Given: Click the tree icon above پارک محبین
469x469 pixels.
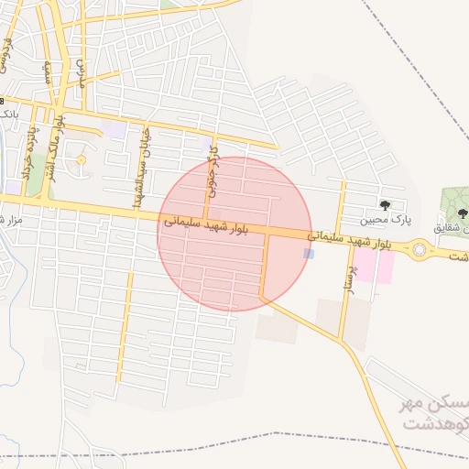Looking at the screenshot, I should tap(385, 204).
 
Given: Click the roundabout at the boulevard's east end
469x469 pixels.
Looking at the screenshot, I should tap(420, 248).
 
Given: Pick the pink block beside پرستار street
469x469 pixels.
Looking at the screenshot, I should tap(375, 266).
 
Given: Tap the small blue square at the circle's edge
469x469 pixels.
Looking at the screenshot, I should tap(309, 254).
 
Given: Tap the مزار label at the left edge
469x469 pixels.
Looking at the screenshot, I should tap(11, 219).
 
